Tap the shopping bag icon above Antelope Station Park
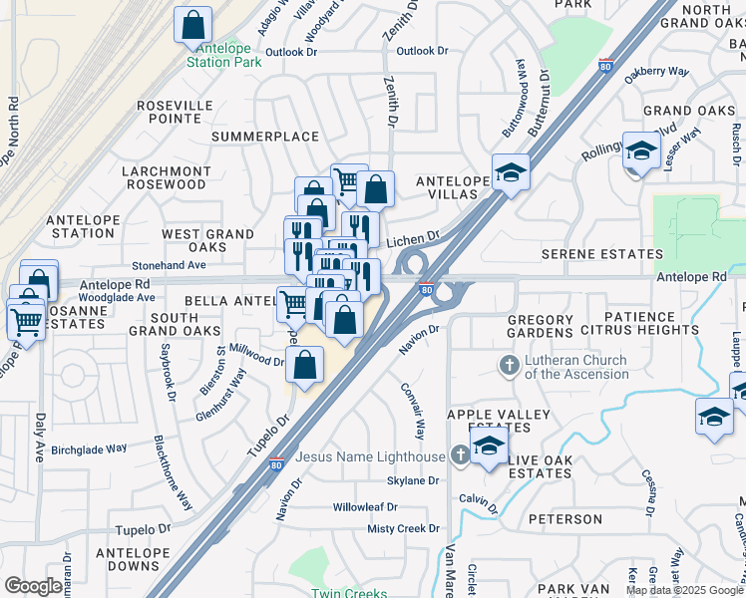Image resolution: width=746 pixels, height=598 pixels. point(193,25)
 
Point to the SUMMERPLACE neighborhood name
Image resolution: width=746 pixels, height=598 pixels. point(264,137)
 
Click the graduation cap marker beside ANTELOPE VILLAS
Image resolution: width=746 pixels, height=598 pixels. point(510,171)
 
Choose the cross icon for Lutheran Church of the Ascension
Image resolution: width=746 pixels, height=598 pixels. point(509,366)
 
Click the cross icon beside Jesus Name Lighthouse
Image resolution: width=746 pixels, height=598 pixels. point(459,456)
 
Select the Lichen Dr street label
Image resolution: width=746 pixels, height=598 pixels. point(413,239)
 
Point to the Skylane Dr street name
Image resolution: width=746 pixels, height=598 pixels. point(413,480)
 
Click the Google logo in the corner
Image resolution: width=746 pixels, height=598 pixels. point(33,586)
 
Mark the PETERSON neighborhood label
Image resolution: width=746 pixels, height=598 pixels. point(565,519)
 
